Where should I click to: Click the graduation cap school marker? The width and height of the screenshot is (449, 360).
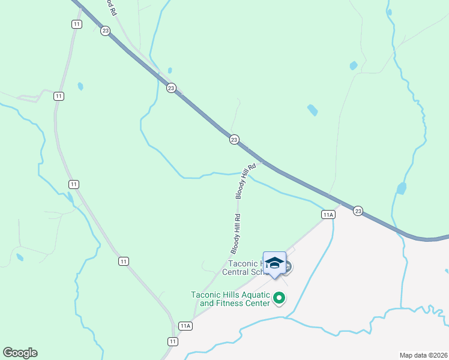pos(274,263)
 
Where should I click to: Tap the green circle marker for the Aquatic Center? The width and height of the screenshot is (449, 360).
pos(279,297)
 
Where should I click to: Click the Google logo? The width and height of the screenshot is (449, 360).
pos(20,353)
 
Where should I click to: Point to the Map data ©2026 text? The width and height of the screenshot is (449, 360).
pos(423,355)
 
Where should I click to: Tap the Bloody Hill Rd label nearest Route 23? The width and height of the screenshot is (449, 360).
pos(246,181)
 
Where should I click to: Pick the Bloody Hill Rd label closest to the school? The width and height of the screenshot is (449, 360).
pos(237,233)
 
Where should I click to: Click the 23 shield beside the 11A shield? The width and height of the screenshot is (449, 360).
pos(358,211)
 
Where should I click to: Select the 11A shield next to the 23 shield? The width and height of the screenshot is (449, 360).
pos(328,214)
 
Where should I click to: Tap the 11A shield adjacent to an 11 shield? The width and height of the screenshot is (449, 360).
pos(185,326)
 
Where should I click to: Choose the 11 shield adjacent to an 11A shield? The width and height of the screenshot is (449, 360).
pos(173,341)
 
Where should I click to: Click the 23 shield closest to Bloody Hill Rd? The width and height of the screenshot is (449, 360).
pos(234,139)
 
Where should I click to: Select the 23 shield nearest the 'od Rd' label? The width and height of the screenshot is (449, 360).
pos(105,31)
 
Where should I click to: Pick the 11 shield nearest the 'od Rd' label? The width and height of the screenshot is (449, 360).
pos(76,24)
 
